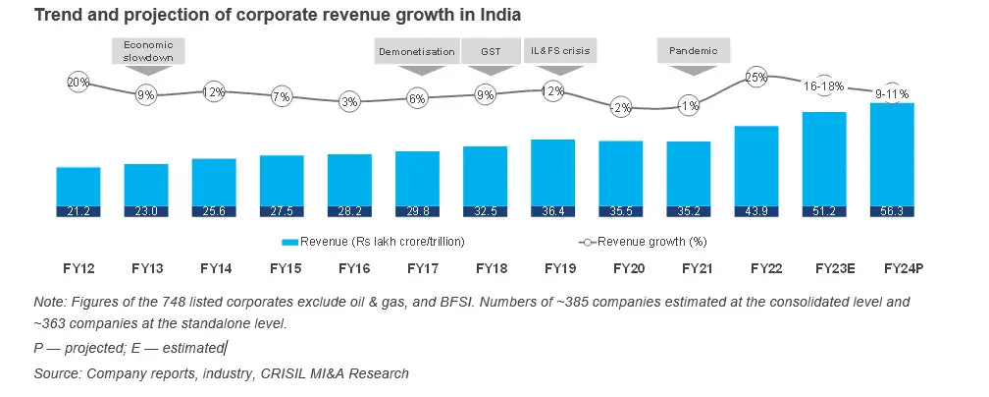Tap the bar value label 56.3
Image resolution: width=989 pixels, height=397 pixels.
891,210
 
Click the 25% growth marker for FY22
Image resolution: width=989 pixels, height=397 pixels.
755,77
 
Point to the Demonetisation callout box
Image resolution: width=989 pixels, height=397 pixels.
417,51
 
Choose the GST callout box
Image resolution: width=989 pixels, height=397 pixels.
488,51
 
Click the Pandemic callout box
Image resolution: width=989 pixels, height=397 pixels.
693,51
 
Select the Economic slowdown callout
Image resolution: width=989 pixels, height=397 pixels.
148,50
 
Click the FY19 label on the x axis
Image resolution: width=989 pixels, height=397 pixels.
554,267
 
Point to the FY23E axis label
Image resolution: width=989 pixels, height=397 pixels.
824,267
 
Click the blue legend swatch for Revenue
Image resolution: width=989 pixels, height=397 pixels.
289,241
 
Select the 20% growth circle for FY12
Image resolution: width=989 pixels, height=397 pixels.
78,84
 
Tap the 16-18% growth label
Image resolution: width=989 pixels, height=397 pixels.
823,86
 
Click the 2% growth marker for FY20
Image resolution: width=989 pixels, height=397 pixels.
620,108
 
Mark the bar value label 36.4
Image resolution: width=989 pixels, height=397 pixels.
552,210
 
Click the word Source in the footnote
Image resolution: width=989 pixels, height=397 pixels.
57,373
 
